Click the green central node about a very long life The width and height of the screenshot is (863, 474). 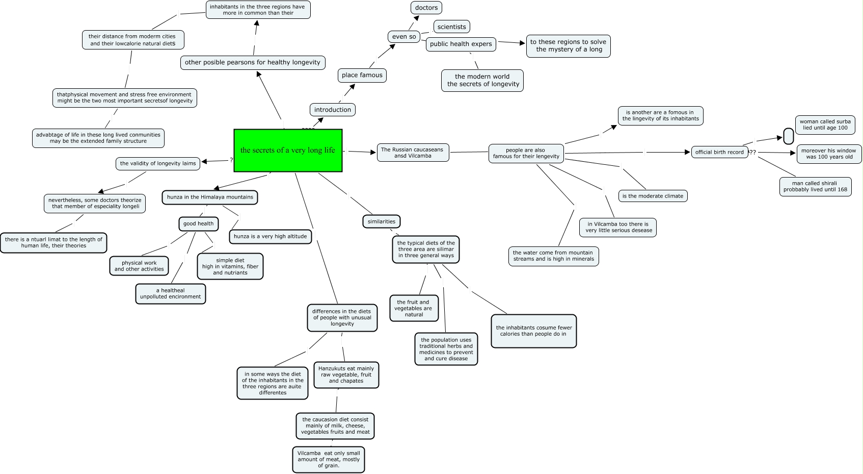point(288,151)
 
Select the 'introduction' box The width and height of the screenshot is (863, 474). point(333,110)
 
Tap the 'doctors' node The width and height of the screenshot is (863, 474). point(426,8)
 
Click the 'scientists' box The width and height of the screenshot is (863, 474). point(452,27)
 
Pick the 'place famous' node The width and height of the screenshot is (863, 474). point(362,75)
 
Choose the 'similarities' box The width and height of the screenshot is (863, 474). point(382,221)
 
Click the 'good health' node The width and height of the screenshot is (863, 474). point(199,223)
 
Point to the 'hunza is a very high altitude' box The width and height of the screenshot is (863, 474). point(271,236)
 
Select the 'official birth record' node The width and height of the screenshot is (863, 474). point(719,152)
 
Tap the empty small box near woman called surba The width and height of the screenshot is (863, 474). point(788,136)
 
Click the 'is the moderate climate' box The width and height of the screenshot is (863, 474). point(653,196)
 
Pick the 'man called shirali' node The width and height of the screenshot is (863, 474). point(815,186)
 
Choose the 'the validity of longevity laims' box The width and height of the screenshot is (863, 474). point(158,163)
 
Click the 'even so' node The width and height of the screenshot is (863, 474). point(404,37)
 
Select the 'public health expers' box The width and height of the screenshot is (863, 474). point(461,44)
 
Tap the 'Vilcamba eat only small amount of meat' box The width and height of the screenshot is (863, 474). point(329,459)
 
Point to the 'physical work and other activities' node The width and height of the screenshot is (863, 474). point(139,266)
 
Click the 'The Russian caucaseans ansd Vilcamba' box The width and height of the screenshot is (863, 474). point(413,153)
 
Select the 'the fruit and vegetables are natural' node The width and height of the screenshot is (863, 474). point(414,308)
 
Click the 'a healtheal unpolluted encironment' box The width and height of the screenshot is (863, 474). point(171,293)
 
